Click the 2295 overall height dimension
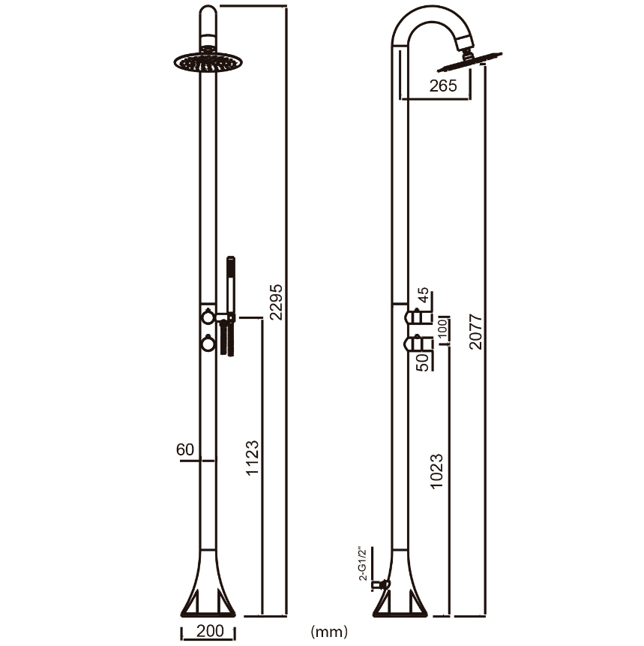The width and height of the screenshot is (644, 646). [x=277, y=302]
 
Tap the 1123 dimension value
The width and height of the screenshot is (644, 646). [x=253, y=458]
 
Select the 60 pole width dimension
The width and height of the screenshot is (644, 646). [x=185, y=449]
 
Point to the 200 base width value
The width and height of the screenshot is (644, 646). [x=210, y=631]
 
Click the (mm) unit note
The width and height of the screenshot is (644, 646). [x=329, y=631]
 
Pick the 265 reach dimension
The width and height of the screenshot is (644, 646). [x=443, y=86]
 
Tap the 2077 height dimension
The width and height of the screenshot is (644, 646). [x=475, y=332]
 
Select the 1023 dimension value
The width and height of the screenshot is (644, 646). [x=436, y=471]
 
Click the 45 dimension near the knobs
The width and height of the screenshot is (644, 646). [x=424, y=295]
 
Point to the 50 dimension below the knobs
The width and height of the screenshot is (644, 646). [x=423, y=362]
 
